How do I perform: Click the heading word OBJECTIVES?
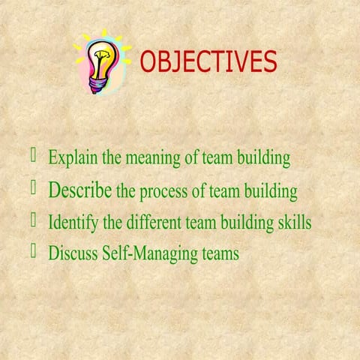point(208,62)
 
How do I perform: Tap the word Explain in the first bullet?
point(69,158)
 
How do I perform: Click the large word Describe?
point(80,190)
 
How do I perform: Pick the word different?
point(154,223)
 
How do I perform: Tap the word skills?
point(292,223)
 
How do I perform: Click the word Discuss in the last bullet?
point(71,253)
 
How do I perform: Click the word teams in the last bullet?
point(220,254)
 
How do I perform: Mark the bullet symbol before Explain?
point(34,156)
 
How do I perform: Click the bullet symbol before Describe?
point(34,187)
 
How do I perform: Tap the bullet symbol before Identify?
point(34,220)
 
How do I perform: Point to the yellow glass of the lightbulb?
point(100,56)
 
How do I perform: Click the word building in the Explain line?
point(264,158)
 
